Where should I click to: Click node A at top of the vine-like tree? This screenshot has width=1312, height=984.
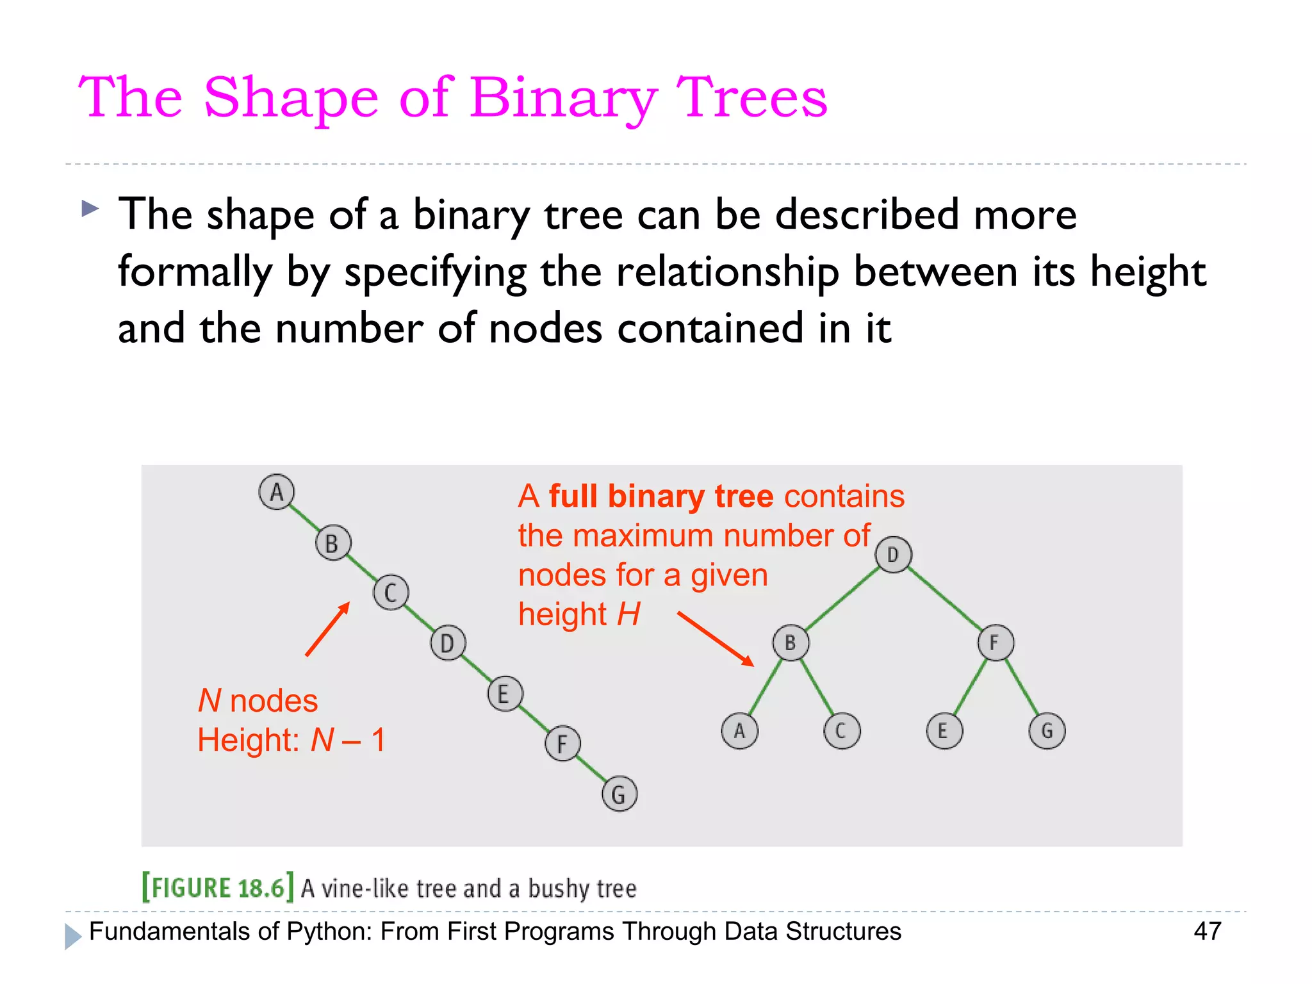(x=276, y=492)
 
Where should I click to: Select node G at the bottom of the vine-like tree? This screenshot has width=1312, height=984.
(x=619, y=794)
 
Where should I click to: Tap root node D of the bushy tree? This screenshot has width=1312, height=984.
(x=893, y=555)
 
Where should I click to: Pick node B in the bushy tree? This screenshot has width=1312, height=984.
(x=791, y=643)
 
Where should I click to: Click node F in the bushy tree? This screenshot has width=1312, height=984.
(x=996, y=643)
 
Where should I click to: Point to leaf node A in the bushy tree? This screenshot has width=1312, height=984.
(x=739, y=731)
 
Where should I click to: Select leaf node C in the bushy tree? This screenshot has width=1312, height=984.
(x=842, y=731)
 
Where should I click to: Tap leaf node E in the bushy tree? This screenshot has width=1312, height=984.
(x=944, y=731)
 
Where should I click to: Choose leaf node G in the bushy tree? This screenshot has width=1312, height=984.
(x=1047, y=731)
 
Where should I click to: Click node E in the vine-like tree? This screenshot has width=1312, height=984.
(x=505, y=694)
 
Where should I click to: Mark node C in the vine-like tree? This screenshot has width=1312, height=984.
(x=391, y=593)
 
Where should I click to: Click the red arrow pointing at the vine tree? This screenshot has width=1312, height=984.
(x=327, y=629)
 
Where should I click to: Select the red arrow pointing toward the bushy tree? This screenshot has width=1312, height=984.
(x=716, y=639)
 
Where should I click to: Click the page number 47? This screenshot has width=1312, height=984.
(x=1207, y=931)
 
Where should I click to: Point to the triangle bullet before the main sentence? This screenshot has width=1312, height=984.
(x=90, y=208)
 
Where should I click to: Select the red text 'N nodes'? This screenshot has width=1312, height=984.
(x=258, y=701)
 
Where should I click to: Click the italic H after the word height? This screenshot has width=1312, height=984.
(x=628, y=614)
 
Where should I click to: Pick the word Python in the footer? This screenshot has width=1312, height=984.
(x=329, y=931)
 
